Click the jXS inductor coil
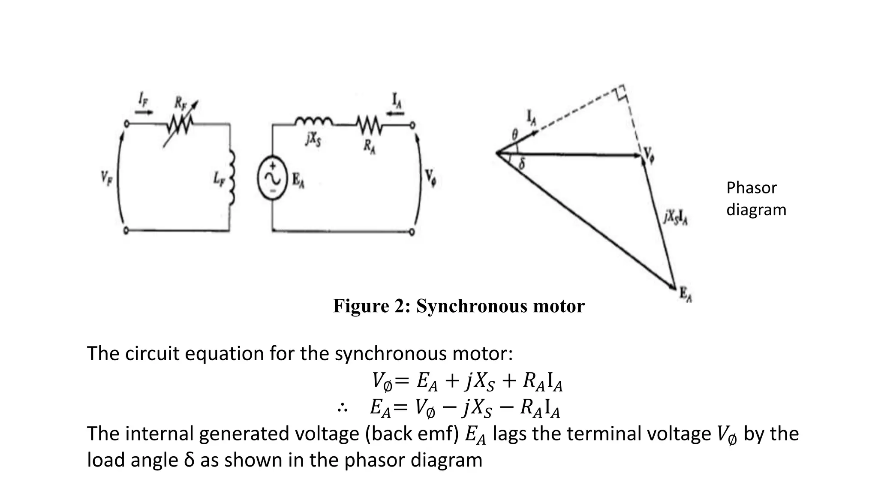[313, 122]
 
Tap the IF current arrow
[144, 112]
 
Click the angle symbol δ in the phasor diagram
[522, 164]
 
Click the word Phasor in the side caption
[751, 188]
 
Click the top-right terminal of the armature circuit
[412, 125]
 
